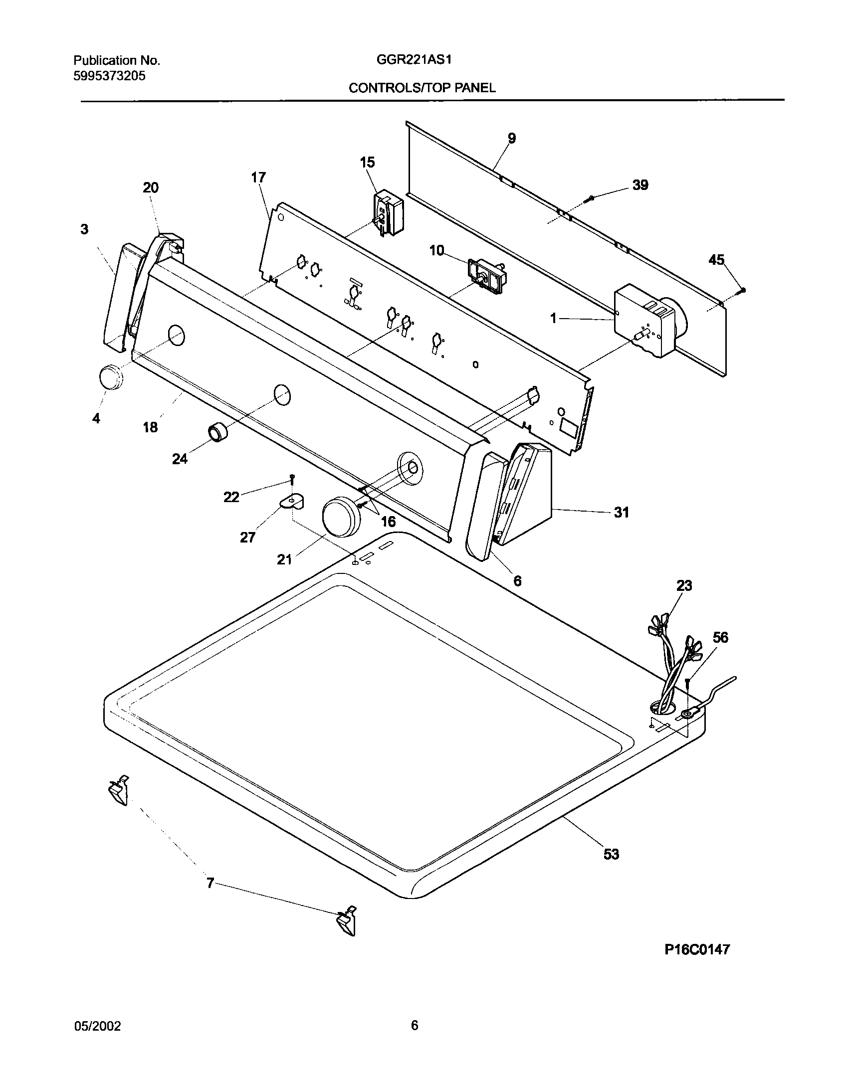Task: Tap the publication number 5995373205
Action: click(x=110, y=76)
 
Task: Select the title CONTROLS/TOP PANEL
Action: click(x=422, y=88)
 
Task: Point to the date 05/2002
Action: click(x=98, y=1026)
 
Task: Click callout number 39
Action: click(x=640, y=185)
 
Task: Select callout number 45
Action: click(x=716, y=260)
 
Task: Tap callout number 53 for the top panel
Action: click(x=611, y=854)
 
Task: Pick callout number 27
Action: click(x=247, y=537)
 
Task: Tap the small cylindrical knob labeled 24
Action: click(x=217, y=431)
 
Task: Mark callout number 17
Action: click(x=258, y=178)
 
